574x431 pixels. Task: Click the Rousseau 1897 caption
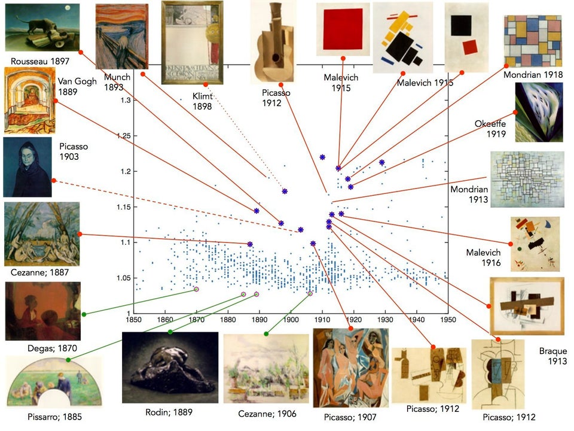[40, 61]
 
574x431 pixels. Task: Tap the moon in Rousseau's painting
[67, 8]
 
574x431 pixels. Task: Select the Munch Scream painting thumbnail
[122, 37]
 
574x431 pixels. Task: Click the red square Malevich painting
[343, 29]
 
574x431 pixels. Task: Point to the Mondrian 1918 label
[533, 75]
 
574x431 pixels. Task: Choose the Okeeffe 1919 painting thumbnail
[539, 112]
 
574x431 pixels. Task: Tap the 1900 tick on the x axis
[291, 320]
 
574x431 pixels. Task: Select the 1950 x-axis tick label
[448, 320]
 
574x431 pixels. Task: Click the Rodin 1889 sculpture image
[170, 368]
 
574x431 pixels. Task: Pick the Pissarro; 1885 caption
[54, 417]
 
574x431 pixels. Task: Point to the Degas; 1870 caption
[53, 348]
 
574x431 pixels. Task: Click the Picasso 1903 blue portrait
[28, 167]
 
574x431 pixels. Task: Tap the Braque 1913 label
[552, 356]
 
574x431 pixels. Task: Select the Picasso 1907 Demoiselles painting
[351, 368]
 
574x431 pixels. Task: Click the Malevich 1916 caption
[483, 257]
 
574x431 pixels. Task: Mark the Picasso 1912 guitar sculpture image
[273, 42]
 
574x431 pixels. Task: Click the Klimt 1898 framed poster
[192, 43]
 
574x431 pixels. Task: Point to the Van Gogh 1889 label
[77, 86]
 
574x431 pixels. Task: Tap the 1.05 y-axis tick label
[124, 278]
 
